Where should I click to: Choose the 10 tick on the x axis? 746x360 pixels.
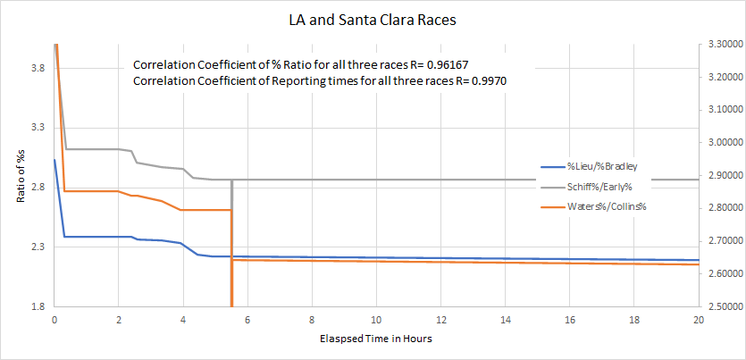coord(376,319)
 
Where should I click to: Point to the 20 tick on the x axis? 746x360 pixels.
coord(698,319)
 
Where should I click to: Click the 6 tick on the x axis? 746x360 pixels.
coord(247,319)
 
